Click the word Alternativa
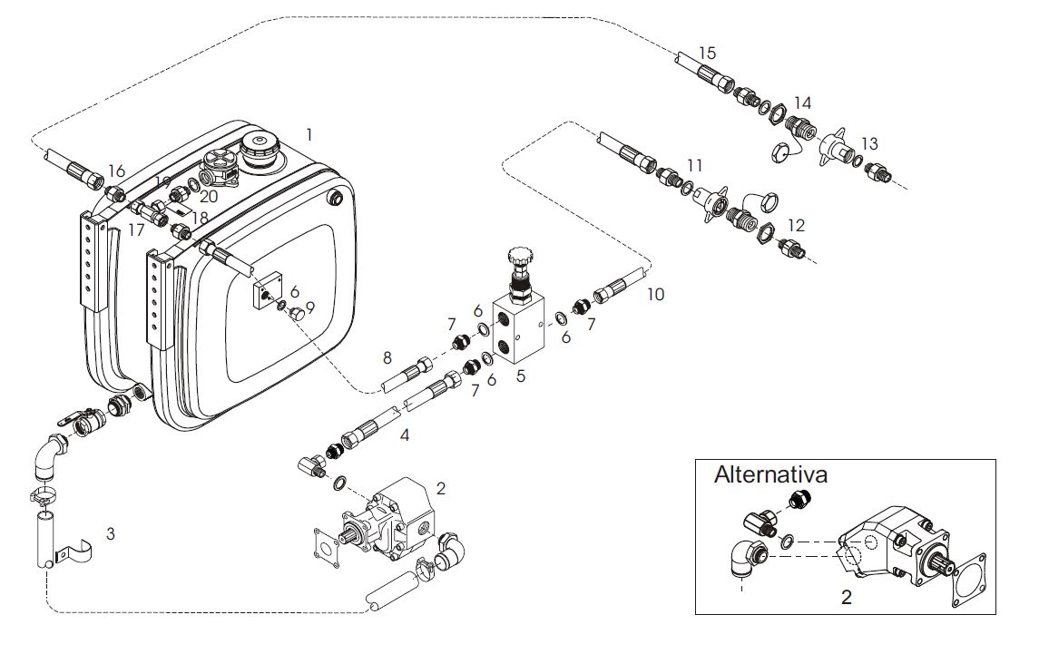coord(770,474)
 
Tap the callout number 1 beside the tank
coord(309,134)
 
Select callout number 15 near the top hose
coord(708,53)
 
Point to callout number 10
coord(655,294)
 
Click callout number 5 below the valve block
coord(521,376)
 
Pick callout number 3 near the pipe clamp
coord(111,533)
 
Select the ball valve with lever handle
coord(83,422)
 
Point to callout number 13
coord(869,144)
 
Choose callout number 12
coord(796,225)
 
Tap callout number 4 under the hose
coord(404,435)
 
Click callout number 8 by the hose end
coord(387,358)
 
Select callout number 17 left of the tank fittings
coord(136,230)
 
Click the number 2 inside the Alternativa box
coord(847,597)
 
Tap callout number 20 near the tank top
coord(209,197)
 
